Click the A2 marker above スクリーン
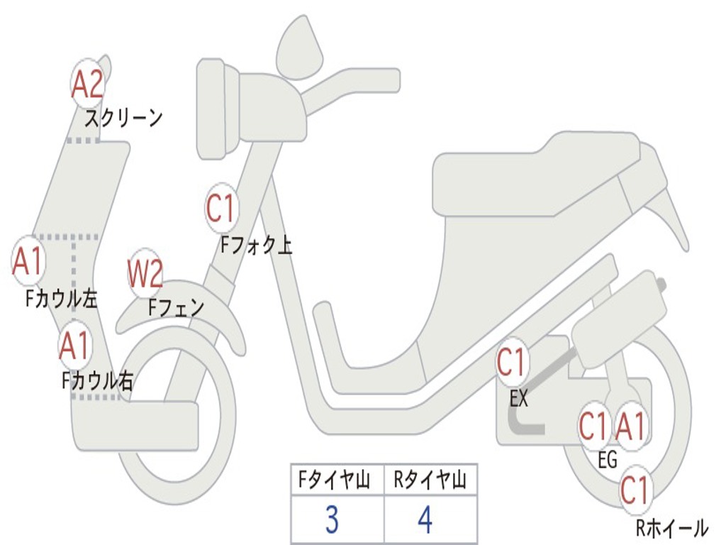point(87,84)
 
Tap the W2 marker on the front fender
point(145,273)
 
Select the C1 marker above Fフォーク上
point(221,208)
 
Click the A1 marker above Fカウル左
point(28,261)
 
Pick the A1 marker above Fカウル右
point(75,346)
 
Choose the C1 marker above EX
point(512,362)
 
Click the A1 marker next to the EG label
point(630,426)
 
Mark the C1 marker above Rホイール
point(636,490)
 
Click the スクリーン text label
point(123,119)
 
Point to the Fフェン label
point(176,307)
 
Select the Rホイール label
point(672,528)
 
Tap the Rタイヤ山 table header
point(430,480)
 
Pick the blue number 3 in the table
point(332,519)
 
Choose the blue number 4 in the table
point(425,519)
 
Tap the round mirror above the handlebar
point(300,48)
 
